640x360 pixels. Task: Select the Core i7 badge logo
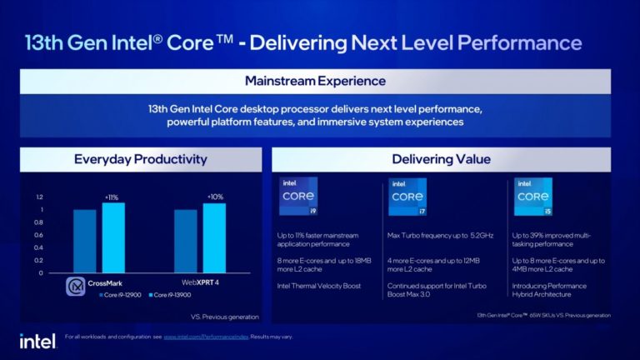coord(407,197)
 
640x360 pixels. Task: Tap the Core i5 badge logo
coord(532,197)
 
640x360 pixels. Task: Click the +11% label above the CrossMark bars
coord(112,197)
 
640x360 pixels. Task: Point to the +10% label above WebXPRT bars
coord(214,197)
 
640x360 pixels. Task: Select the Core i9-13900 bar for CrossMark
coord(113,237)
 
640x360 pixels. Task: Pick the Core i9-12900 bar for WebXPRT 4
coord(186,241)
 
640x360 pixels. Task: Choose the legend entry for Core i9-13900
coord(172,295)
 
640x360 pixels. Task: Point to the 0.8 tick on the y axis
coord(38,222)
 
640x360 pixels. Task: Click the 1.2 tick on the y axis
coord(38,197)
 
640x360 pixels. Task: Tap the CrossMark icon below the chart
coord(77,286)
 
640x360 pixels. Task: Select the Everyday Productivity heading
coord(140,159)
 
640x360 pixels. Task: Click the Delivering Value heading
coord(441,159)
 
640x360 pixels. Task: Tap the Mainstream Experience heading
coord(315,81)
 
